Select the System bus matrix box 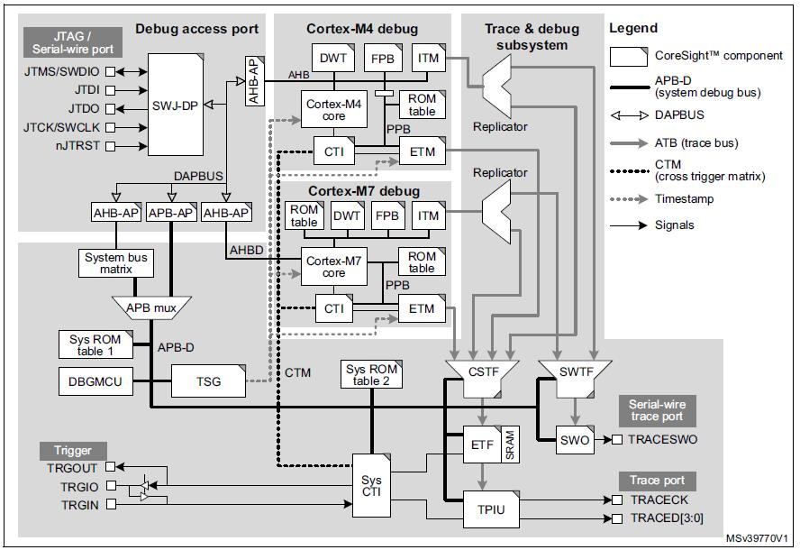(117, 263)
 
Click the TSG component (209, 381)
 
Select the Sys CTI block (372, 485)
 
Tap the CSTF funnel (483, 371)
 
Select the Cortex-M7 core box (334, 266)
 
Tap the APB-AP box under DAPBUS (169, 213)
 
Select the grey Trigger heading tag (73, 449)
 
